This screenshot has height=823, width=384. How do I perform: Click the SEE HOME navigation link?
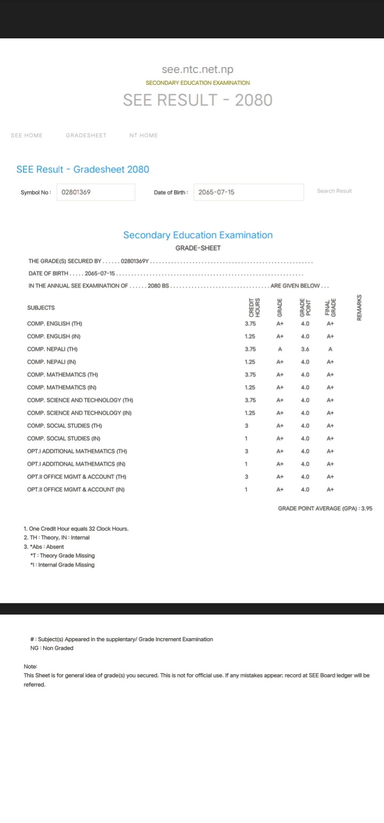27,135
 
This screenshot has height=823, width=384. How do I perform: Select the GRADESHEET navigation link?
86,135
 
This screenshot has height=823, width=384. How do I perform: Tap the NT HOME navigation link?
143,135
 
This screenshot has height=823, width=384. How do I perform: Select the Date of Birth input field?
249,192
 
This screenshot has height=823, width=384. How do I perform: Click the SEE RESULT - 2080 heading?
197,100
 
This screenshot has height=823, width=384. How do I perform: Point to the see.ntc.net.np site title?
197,70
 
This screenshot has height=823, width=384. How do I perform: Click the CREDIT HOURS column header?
254,308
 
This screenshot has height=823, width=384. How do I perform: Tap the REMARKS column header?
359,308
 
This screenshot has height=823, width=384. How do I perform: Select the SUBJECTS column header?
41,308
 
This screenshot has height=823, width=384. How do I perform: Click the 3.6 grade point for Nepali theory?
305,349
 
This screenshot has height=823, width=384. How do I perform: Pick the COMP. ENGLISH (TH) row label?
54,324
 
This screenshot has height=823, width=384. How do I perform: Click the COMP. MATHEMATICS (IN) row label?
62,387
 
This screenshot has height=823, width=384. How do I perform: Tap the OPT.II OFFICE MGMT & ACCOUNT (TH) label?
77,477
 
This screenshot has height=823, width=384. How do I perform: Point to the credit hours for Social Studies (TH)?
246,425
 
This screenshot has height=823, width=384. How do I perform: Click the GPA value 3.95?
367,509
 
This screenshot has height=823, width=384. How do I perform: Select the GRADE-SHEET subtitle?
198,248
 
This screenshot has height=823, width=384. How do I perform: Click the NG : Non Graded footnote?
52,648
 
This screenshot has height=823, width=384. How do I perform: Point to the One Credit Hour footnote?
76,529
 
